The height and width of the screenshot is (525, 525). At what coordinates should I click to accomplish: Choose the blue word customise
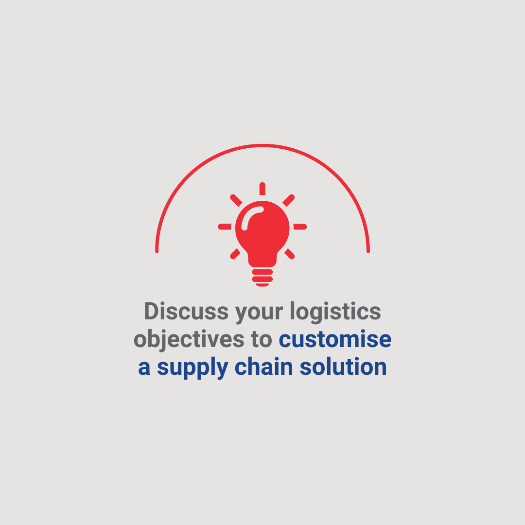335,339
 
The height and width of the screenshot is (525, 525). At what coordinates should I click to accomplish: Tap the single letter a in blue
144,368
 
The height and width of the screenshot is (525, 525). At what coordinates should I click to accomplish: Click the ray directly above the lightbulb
262,189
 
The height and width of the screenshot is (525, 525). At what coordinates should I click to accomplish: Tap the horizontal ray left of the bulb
225,227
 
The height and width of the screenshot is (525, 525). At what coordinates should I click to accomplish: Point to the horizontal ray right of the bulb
300,227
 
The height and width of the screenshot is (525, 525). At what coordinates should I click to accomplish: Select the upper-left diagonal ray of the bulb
236,200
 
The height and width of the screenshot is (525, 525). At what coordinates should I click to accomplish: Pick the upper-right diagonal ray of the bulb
289,200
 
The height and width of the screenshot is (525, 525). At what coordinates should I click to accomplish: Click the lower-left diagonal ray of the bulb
235,253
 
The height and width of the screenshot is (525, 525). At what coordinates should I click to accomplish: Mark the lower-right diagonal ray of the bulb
290,253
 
